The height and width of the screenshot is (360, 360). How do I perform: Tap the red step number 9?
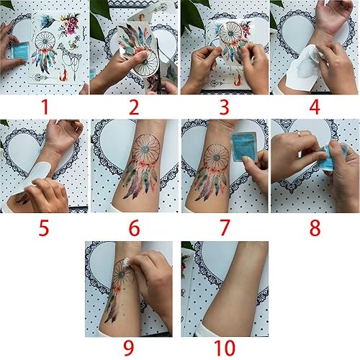tap(133, 348)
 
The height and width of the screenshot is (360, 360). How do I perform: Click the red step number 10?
tap(224, 348)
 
